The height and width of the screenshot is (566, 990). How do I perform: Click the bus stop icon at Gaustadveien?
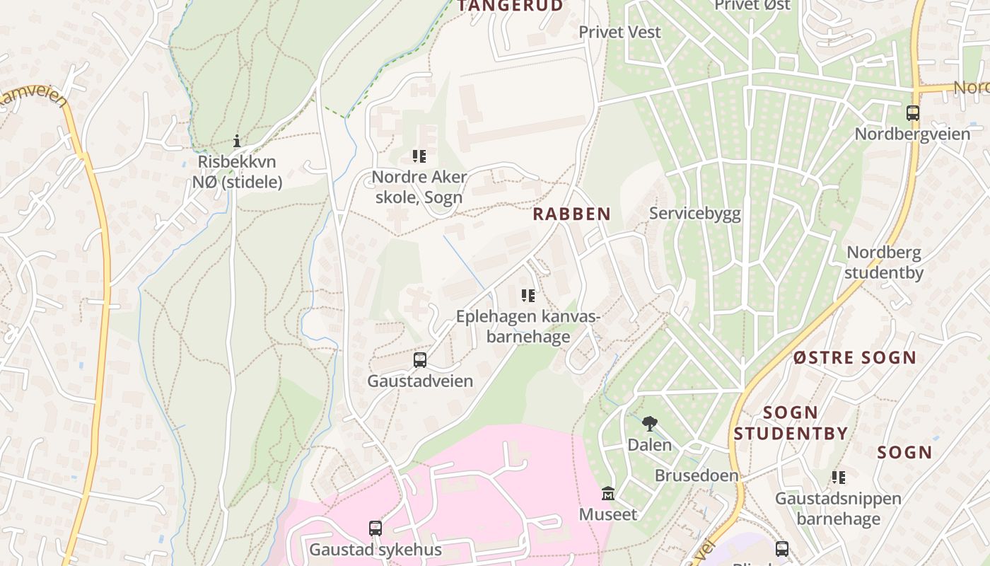tap(420, 360)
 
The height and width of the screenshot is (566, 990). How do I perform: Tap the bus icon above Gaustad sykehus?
tap(375, 529)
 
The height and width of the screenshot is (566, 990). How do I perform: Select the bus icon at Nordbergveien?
tap(913, 113)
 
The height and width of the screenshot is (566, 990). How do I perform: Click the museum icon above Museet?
tap(608, 493)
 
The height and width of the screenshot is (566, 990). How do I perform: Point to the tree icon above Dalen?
tap(649, 424)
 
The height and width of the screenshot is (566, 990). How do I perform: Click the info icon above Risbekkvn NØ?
tap(237, 141)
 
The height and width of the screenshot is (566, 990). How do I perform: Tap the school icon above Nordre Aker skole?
tap(419, 156)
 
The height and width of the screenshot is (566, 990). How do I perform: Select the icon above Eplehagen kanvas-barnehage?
tap(528, 295)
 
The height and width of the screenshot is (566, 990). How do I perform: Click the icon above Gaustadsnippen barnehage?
tap(839, 477)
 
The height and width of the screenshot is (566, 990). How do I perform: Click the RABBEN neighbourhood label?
tap(571, 214)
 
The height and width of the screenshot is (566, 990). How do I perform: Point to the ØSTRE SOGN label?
tap(854, 357)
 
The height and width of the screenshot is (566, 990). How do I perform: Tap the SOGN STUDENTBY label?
tap(791, 422)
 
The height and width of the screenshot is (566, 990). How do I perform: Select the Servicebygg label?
tap(695, 214)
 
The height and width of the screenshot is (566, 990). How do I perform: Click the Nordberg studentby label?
tap(884, 262)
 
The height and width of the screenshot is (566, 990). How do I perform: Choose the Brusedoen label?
tap(697, 475)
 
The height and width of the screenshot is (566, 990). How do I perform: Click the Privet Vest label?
tap(620, 32)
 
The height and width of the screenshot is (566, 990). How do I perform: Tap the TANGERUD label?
tap(511, 6)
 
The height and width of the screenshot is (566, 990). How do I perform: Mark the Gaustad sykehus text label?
tap(375, 550)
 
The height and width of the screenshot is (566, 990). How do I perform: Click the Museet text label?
tap(608, 514)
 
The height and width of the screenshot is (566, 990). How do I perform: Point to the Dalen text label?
tap(650, 445)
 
